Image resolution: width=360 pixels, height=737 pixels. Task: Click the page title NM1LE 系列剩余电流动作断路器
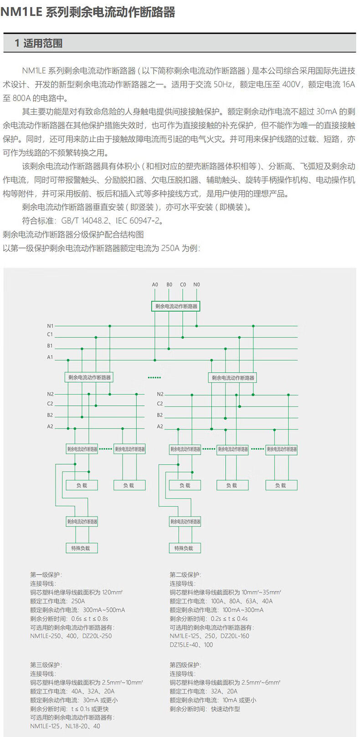(x=87, y=12)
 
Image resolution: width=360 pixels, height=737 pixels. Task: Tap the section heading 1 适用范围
(x=38, y=43)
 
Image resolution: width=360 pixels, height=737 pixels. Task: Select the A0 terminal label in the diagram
(x=155, y=285)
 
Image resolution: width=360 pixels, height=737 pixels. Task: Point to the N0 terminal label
(x=196, y=285)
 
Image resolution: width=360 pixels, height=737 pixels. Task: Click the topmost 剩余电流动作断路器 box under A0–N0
(x=176, y=306)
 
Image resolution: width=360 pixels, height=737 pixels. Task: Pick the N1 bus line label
(x=50, y=326)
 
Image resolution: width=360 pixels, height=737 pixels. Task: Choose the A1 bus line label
(x=50, y=358)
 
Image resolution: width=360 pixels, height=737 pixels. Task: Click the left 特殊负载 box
(x=81, y=548)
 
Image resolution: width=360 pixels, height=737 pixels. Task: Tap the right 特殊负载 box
(x=184, y=548)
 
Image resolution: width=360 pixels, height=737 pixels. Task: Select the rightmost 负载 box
(x=281, y=486)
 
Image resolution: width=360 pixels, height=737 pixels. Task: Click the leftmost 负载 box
(x=82, y=486)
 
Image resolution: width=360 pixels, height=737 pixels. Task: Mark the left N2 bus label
(x=50, y=394)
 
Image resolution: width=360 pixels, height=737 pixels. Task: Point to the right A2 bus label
(x=160, y=427)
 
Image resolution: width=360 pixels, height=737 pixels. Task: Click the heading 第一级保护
(x=46, y=575)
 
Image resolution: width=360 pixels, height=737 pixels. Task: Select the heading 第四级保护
(x=185, y=665)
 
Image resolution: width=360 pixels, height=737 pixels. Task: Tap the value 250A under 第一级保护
(x=78, y=601)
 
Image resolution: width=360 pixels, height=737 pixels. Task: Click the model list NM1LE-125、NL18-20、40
(x=65, y=726)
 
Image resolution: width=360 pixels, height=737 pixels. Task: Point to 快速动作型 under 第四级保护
(x=225, y=709)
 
